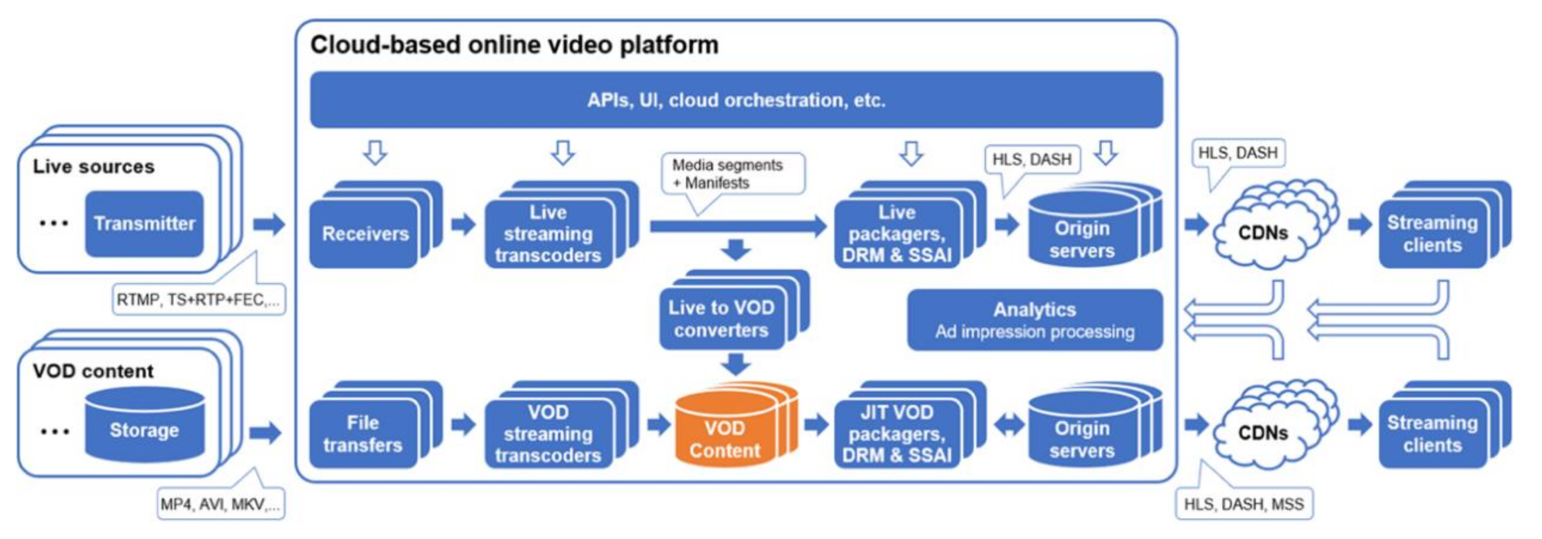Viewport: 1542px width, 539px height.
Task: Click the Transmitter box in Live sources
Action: click(144, 224)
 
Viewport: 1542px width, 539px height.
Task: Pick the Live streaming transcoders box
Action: click(548, 234)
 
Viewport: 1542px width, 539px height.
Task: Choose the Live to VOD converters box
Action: click(721, 318)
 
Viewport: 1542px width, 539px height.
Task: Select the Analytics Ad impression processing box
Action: click(1035, 320)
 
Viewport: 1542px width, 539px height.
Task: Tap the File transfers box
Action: click(363, 434)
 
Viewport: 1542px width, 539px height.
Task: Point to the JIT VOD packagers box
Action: click(897, 434)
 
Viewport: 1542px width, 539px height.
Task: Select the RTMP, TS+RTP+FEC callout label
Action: click(198, 300)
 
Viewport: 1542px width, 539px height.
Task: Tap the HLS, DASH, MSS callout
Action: click(1244, 504)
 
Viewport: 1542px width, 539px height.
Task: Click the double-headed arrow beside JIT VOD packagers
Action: click(1009, 425)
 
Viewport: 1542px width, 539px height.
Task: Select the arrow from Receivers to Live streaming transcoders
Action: click(463, 224)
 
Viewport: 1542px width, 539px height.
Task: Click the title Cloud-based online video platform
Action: click(514, 45)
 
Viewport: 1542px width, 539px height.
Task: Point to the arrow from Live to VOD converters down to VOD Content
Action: click(736, 364)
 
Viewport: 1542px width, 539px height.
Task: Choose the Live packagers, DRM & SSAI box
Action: click(897, 234)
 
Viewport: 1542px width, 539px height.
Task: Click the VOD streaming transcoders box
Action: click(548, 434)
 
